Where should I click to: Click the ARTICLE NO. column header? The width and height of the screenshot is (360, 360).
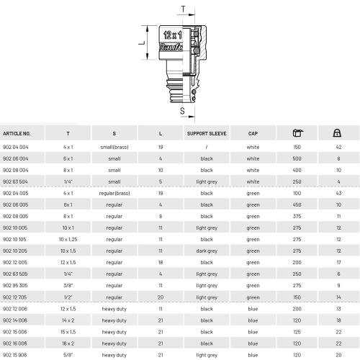coord(17,134)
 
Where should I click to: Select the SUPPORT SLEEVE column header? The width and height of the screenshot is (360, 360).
coord(207,134)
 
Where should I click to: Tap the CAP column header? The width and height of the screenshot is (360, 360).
coord(253,134)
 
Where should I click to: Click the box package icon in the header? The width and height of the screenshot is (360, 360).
coord(298,132)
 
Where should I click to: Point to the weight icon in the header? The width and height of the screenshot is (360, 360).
coord(337,132)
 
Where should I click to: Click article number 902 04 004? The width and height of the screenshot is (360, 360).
coord(16,147)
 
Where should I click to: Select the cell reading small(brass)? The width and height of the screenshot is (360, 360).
coord(114,147)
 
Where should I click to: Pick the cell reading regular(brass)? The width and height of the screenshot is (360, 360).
coord(114,193)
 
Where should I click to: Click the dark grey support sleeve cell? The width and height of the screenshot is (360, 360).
coord(207,251)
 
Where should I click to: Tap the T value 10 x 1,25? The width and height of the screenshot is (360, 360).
coord(68,239)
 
